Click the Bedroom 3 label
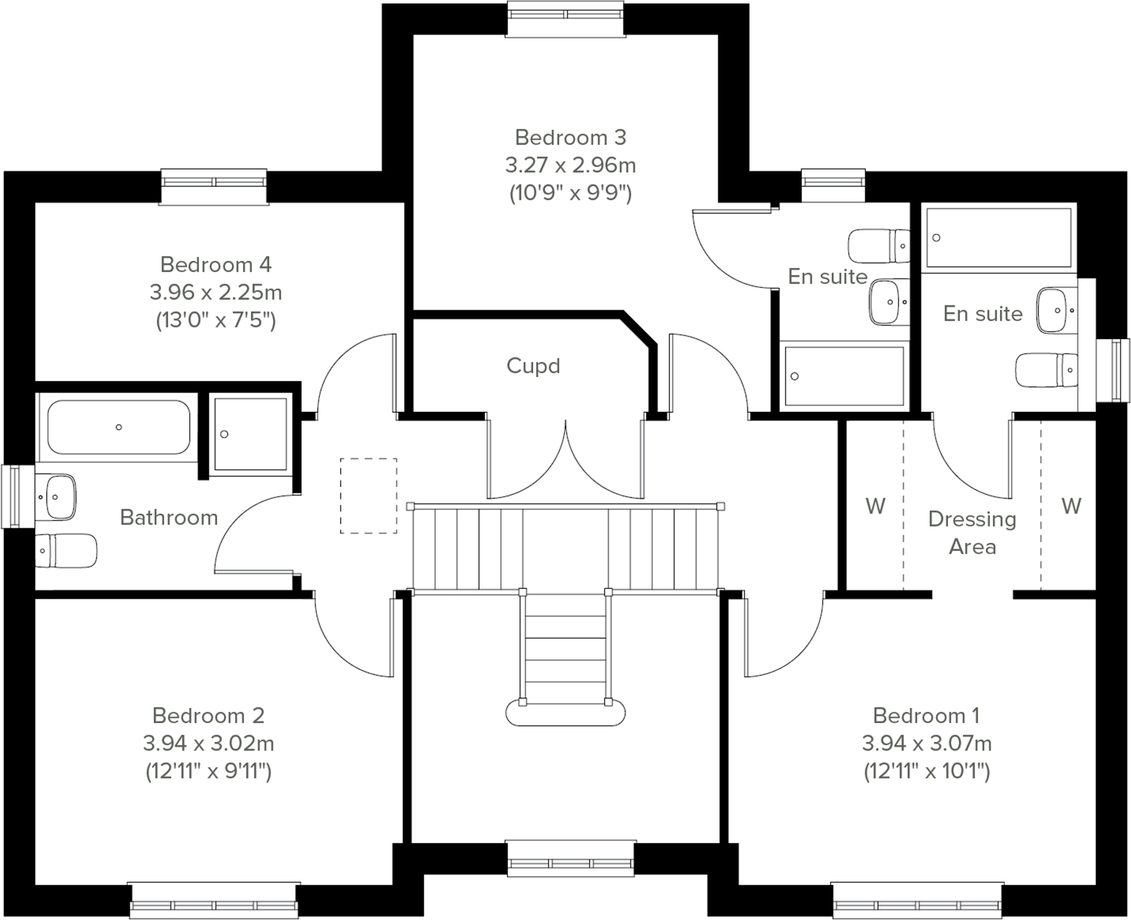coord(570,137)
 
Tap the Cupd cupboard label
coord(533,366)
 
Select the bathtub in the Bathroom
coord(119,427)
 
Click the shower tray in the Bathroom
coord(250,434)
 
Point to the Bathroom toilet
coord(65,550)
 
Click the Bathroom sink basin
coord(56,496)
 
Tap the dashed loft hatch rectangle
coord(368,495)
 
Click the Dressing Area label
coord(972,533)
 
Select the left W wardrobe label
coord(875,506)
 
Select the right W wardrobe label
coord(1071,506)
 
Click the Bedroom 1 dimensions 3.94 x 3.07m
coord(926,743)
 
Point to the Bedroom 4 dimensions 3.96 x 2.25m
coord(215,291)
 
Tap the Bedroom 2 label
coord(208,715)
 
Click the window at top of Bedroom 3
coord(565,19)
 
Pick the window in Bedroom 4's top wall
coord(214,186)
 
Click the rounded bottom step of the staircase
coord(565,713)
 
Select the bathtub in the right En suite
coord(998,238)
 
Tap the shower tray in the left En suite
coord(843,376)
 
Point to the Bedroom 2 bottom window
coord(213,899)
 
